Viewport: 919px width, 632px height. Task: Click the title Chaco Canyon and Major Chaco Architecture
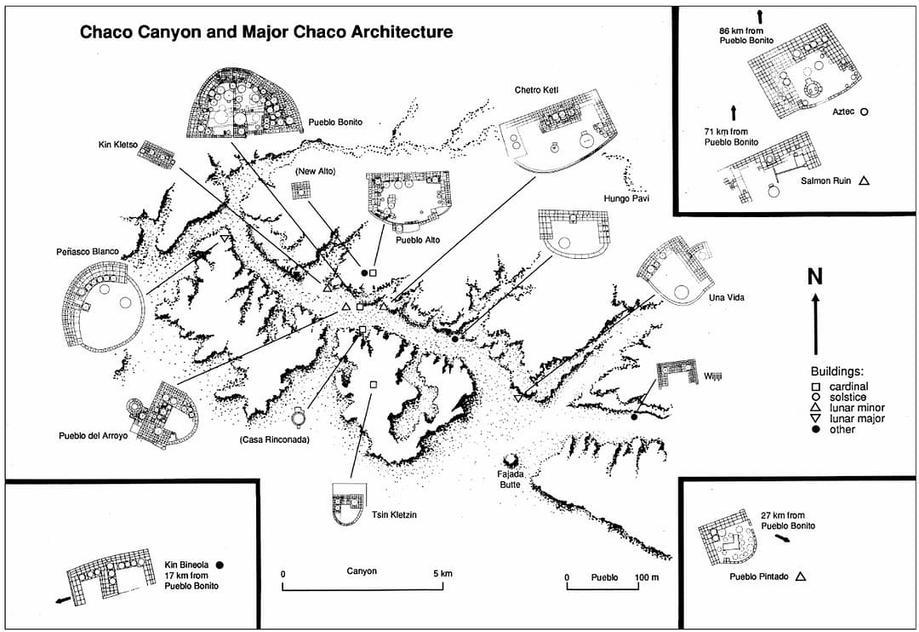[x=265, y=33]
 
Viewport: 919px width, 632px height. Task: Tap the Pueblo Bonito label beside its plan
[x=335, y=123]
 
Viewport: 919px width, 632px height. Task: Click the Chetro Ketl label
[x=535, y=89]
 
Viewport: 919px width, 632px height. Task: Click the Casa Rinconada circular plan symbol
[x=299, y=417]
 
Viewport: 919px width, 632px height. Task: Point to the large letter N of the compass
[x=815, y=276]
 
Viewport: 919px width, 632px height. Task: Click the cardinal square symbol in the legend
[x=815, y=387]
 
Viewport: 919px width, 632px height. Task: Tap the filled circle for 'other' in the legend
[x=815, y=429]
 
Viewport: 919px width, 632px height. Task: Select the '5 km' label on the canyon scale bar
[x=441, y=573]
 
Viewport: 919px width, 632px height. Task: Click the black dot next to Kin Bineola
[x=220, y=564]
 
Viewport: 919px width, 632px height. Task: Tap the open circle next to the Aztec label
[x=864, y=112]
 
